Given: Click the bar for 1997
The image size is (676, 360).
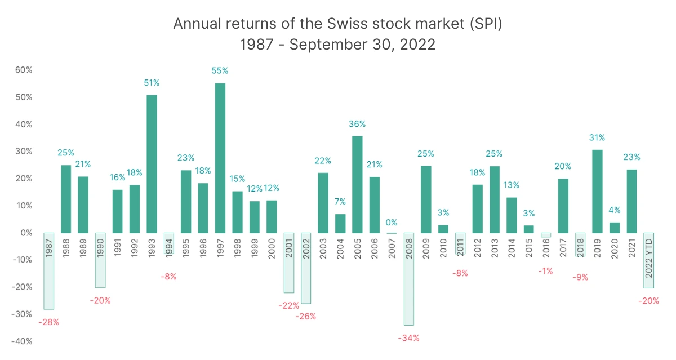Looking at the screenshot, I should (x=220, y=158).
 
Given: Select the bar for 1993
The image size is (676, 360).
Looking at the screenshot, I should (x=152, y=163).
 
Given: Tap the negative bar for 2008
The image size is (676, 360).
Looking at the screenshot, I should (x=408, y=279).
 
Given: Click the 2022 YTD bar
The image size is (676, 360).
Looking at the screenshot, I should (x=649, y=260).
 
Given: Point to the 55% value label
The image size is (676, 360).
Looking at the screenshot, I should (x=220, y=71).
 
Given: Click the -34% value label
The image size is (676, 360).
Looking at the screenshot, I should (x=408, y=338).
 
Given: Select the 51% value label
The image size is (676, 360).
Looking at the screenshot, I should (x=152, y=83).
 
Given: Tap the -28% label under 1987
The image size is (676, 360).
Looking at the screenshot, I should (x=48, y=322).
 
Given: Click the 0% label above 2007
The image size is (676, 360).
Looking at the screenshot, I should (x=392, y=223).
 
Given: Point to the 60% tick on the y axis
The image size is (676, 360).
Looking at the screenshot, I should (x=24, y=70).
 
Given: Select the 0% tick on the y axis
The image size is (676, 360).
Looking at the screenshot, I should (x=26, y=233).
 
